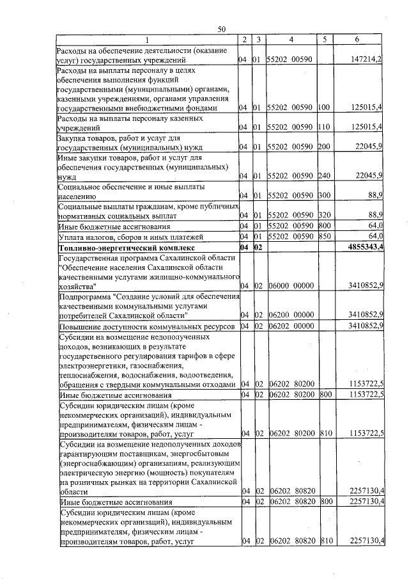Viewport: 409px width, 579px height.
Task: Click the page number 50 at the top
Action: coord(222,29)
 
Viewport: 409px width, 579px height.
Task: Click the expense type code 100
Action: coord(325,108)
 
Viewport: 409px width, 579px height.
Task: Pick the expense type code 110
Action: coord(325,127)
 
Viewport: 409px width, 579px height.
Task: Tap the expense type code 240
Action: coord(325,175)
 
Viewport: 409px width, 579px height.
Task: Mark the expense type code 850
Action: coord(325,236)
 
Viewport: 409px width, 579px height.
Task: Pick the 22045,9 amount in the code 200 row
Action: coord(367,147)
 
